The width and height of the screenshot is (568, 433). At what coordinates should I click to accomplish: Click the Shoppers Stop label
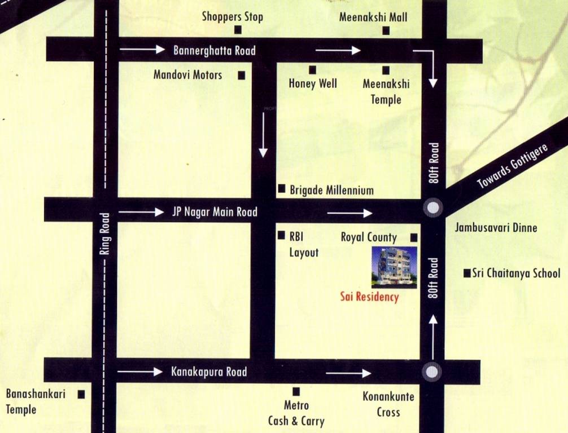click(x=232, y=17)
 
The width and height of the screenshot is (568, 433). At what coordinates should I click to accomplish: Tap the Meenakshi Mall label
click(x=373, y=17)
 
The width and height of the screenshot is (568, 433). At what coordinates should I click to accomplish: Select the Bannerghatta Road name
click(x=214, y=51)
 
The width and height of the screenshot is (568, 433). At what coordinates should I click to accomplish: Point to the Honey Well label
click(x=313, y=84)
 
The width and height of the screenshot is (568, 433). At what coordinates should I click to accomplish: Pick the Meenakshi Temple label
click(x=386, y=92)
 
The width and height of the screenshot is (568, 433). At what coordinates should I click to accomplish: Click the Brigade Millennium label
click(x=331, y=190)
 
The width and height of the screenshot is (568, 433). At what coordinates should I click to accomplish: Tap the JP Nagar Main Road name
click(x=214, y=212)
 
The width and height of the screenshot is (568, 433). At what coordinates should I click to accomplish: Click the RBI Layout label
click(x=304, y=245)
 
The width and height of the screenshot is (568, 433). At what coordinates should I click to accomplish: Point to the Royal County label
click(x=369, y=237)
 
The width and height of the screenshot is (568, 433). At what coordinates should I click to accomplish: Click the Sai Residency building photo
click(x=394, y=267)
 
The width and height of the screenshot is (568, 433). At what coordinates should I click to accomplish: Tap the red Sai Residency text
click(x=369, y=297)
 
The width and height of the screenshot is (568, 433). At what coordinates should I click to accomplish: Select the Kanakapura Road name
click(x=208, y=372)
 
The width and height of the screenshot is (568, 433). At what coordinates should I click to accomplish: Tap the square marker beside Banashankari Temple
click(x=81, y=395)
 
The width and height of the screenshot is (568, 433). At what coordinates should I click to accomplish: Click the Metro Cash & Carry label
click(x=296, y=413)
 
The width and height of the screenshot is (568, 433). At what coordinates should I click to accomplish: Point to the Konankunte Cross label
click(x=388, y=404)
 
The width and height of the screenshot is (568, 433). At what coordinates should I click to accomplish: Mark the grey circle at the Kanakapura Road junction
click(x=432, y=372)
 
